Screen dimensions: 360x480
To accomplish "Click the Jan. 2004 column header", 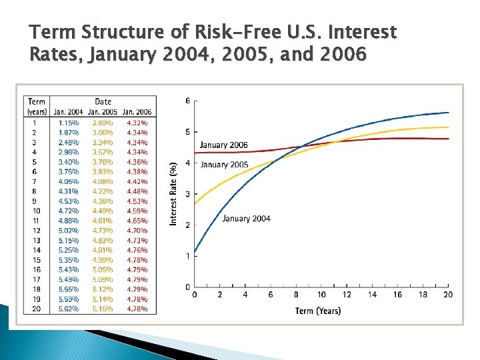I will (x=68, y=111).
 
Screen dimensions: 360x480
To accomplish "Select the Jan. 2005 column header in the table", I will (x=103, y=111).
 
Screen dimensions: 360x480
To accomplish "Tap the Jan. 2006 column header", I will (x=137, y=111).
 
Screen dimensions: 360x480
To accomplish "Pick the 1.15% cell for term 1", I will (x=68, y=123).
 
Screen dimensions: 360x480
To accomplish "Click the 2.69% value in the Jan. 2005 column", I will (x=103, y=123).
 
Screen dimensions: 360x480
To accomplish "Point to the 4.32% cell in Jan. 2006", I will (x=137, y=123).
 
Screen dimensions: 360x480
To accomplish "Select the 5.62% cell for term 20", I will (x=68, y=309).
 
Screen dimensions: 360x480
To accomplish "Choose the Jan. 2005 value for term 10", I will (x=103, y=211).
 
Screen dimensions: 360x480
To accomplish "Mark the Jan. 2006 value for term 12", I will (x=137, y=231).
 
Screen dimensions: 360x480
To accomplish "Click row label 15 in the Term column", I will (x=37, y=260).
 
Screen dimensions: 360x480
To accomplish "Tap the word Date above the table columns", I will (x=103, y=102).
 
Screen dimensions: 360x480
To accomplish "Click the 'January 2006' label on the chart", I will (x=223, y=145).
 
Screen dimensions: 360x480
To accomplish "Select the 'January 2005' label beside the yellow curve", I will (x=224, y=165).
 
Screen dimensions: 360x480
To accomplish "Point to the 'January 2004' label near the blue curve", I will (x=246, y=219).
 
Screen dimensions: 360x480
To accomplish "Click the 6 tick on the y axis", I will (x=187, y=101).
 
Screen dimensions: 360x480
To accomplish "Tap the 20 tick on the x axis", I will (x=448, y=295).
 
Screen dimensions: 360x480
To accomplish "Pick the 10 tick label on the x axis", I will (x=321, y=295).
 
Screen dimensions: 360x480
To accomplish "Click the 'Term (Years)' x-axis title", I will (x=318, y=311).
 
